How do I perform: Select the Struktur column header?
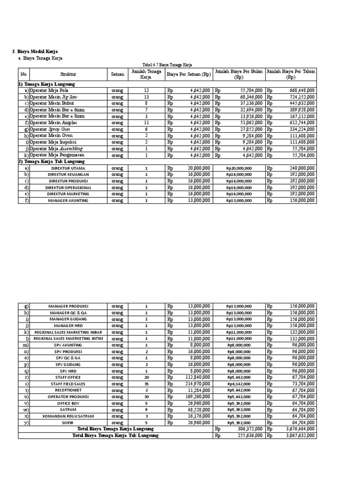(x=68, y=74)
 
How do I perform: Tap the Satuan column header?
(x=118, y=74)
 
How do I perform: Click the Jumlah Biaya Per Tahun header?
(x=291, y=74)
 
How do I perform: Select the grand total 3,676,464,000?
(x=300, y=429)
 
